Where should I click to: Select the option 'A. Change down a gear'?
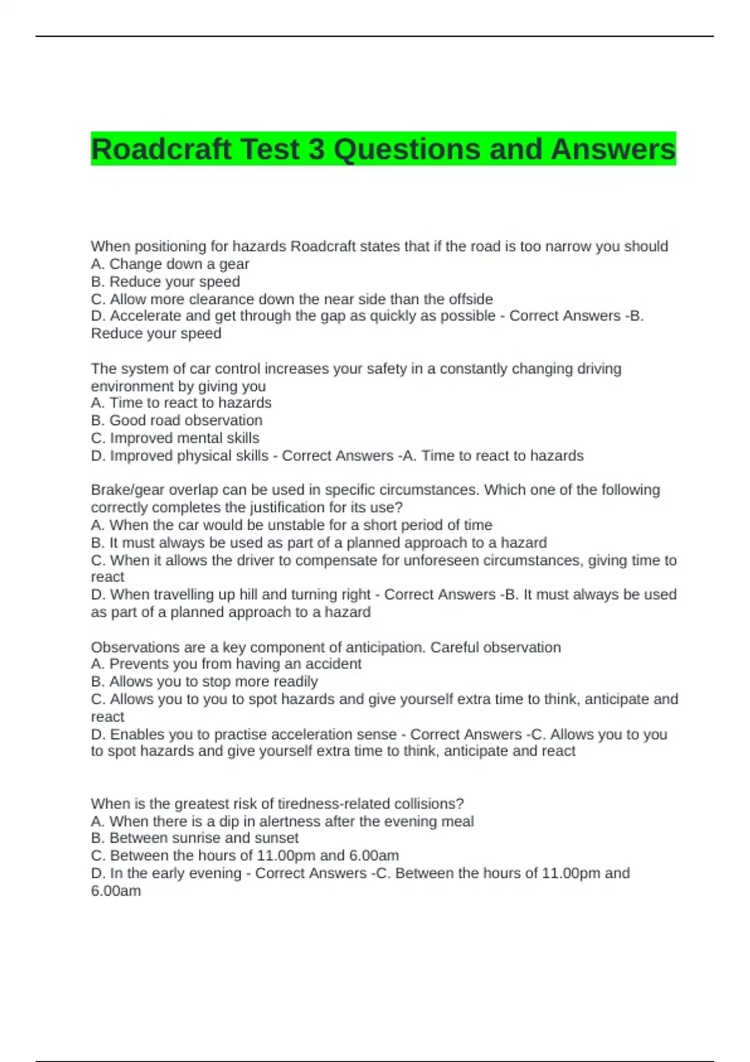click(170, 264)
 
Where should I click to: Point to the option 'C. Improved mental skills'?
click(175, 438)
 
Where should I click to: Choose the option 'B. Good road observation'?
click(176, 420)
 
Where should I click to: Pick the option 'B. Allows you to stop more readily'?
click(204, 682)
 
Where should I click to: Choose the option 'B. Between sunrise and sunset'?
click(194, 838)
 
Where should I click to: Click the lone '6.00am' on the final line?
click(116, 891)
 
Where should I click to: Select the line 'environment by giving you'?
click(178, 386)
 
